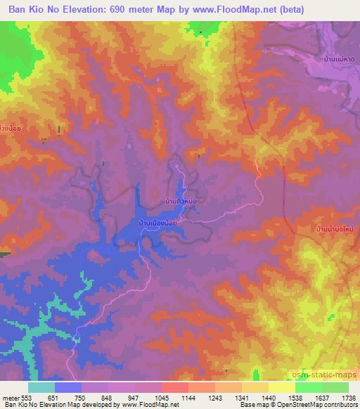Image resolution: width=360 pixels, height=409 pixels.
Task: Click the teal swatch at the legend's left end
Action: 41,387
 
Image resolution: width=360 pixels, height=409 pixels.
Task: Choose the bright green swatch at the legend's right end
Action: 335,387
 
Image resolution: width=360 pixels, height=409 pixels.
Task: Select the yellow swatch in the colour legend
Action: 282,387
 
